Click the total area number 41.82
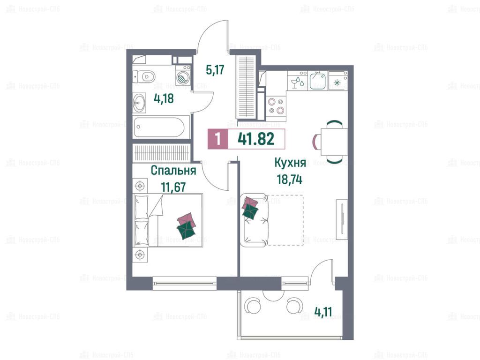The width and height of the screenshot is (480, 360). [256, 139]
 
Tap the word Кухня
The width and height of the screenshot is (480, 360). [290, 163]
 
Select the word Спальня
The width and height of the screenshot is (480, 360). [173, 170]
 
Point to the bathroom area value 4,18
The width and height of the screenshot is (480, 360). [164, 98]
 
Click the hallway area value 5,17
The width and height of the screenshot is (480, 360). [215, 70]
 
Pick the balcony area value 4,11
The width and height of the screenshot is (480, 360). [323, 312]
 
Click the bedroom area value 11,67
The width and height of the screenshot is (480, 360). [173, 187]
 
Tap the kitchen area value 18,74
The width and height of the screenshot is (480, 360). [290, 180]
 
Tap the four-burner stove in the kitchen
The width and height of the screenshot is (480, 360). [276, 106]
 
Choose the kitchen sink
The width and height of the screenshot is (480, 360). [317, 80]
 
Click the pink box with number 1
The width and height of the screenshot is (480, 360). [217, 139]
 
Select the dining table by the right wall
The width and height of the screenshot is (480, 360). [334, 142]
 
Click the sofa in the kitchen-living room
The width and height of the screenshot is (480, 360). [255, 220]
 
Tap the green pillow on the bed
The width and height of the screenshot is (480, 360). [186, 230]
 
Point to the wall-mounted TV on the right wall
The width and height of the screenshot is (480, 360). [342, 219]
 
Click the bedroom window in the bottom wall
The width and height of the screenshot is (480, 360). [184, 283]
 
